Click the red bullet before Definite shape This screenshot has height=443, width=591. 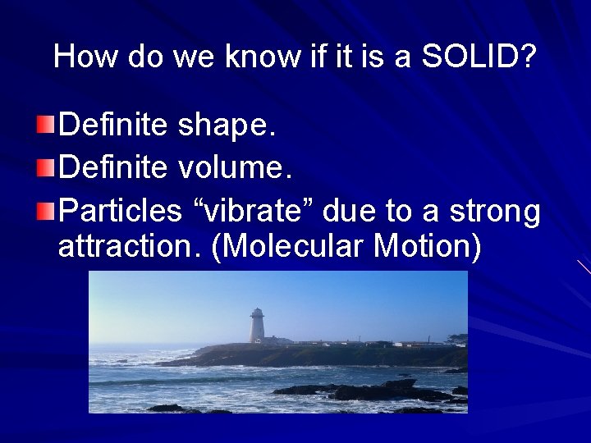48,126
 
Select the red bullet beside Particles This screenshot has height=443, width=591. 48,211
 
